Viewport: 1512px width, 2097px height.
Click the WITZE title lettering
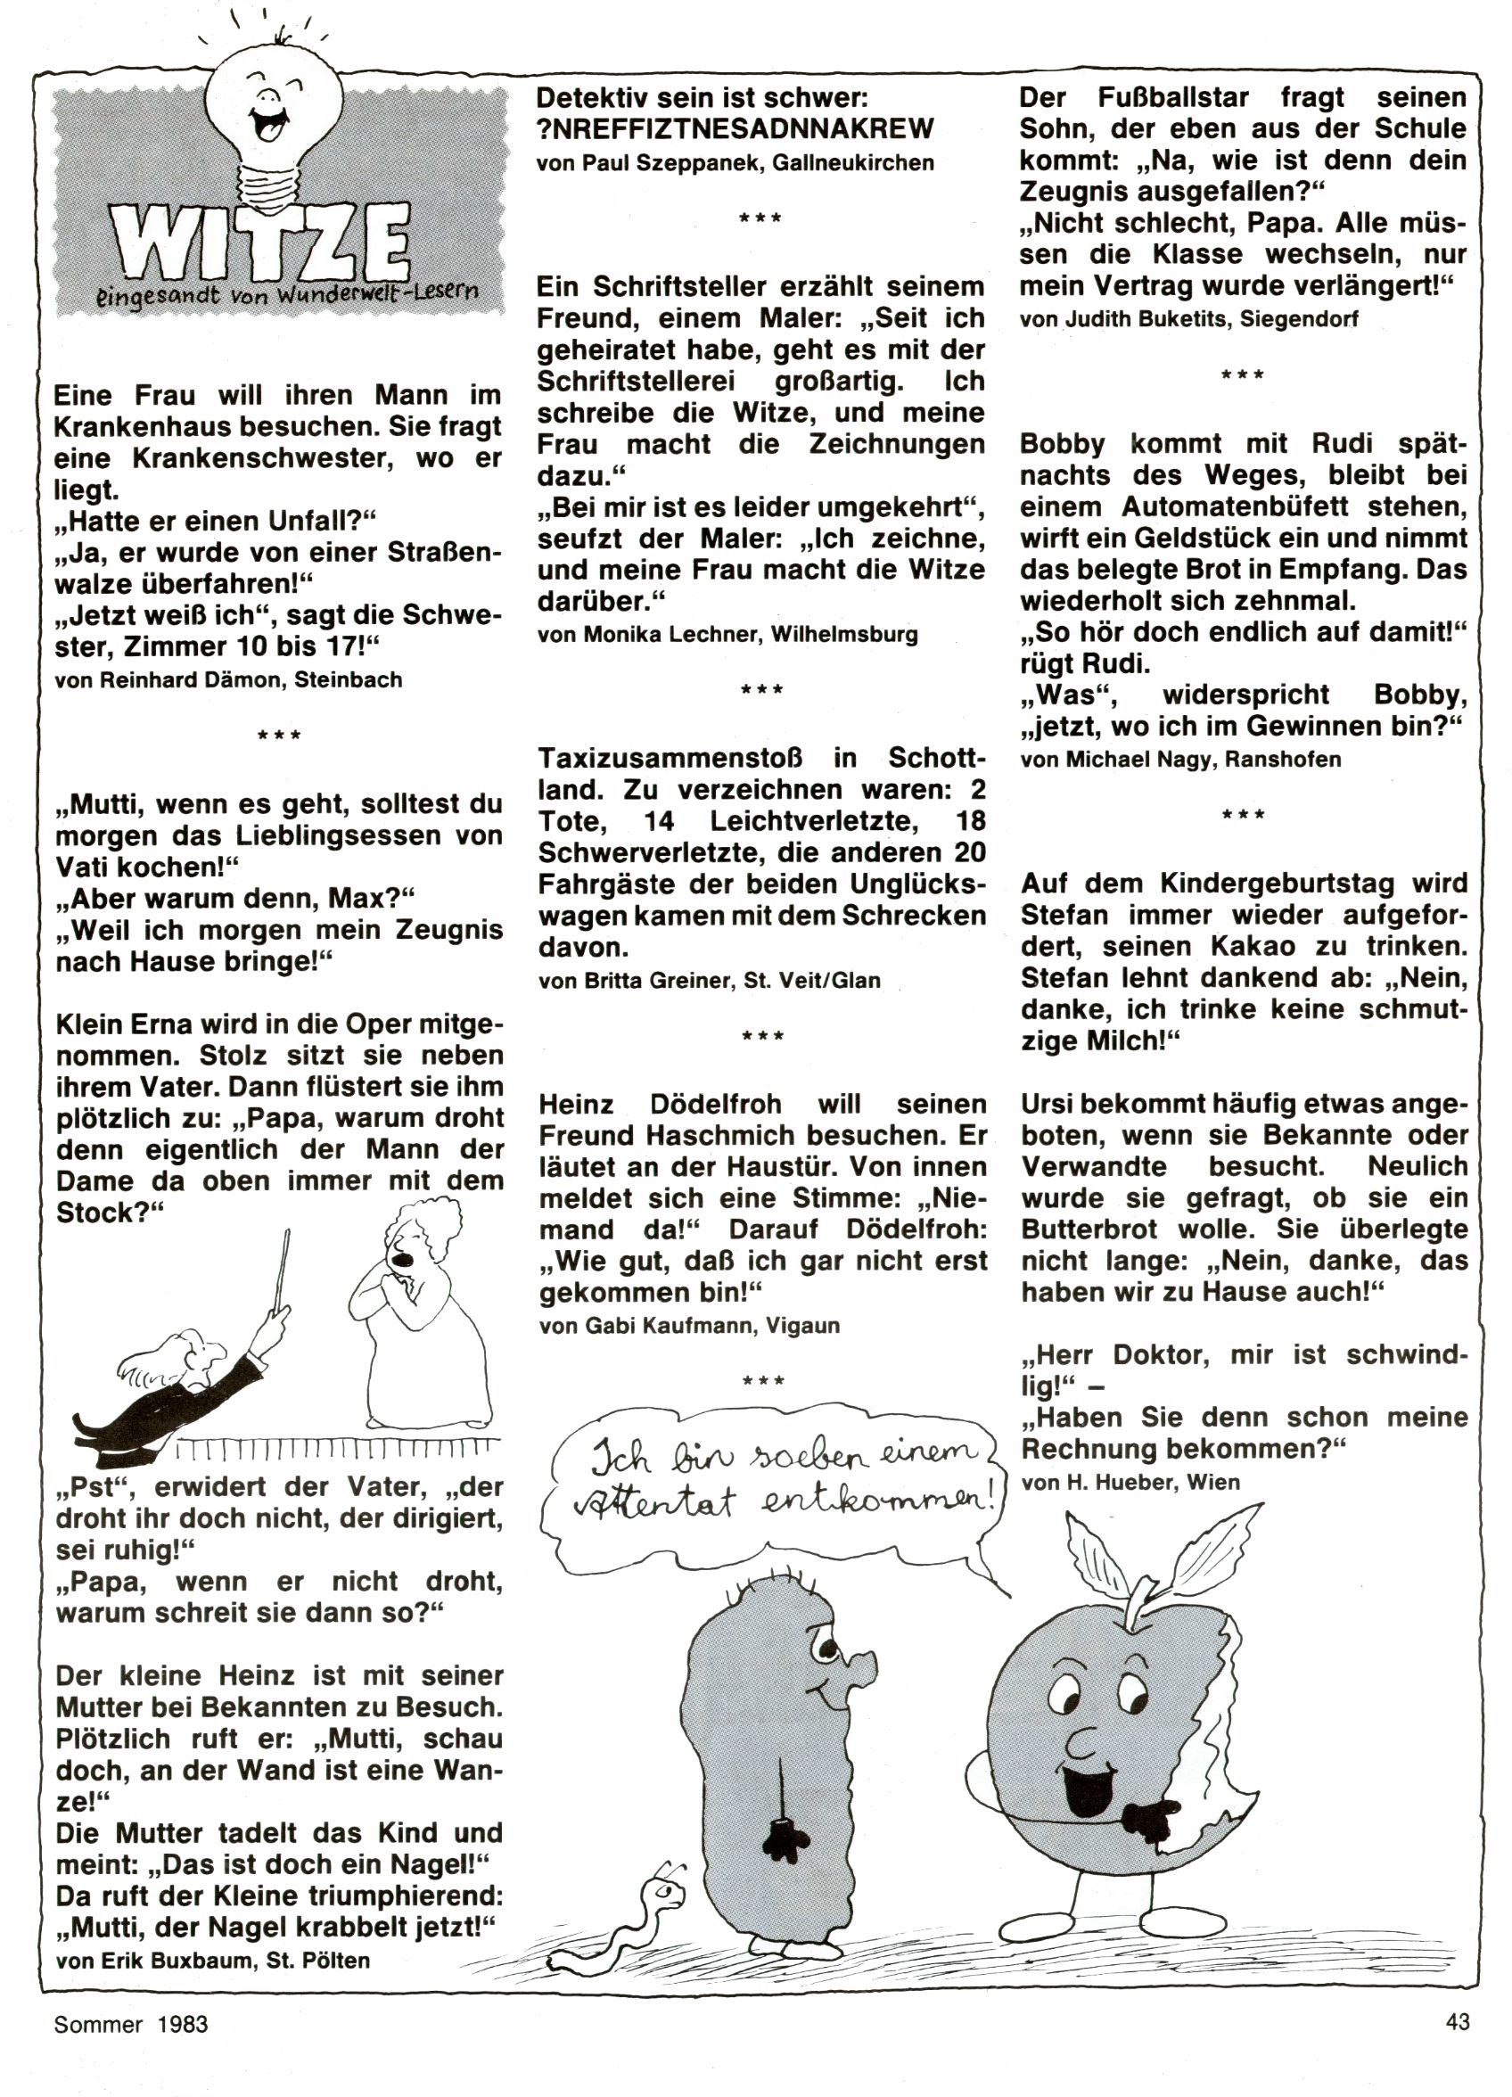coord(259,242)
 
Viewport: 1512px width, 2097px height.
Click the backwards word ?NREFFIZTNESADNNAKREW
coord(735,128)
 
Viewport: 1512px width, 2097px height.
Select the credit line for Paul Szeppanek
coord(735,163)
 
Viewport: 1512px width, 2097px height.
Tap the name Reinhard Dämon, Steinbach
coord(229,680)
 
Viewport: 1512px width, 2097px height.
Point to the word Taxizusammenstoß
coord(670,759)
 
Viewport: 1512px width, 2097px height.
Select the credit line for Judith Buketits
coord(1189,320)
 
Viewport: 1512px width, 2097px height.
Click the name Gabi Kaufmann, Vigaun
coord(689,1326)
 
